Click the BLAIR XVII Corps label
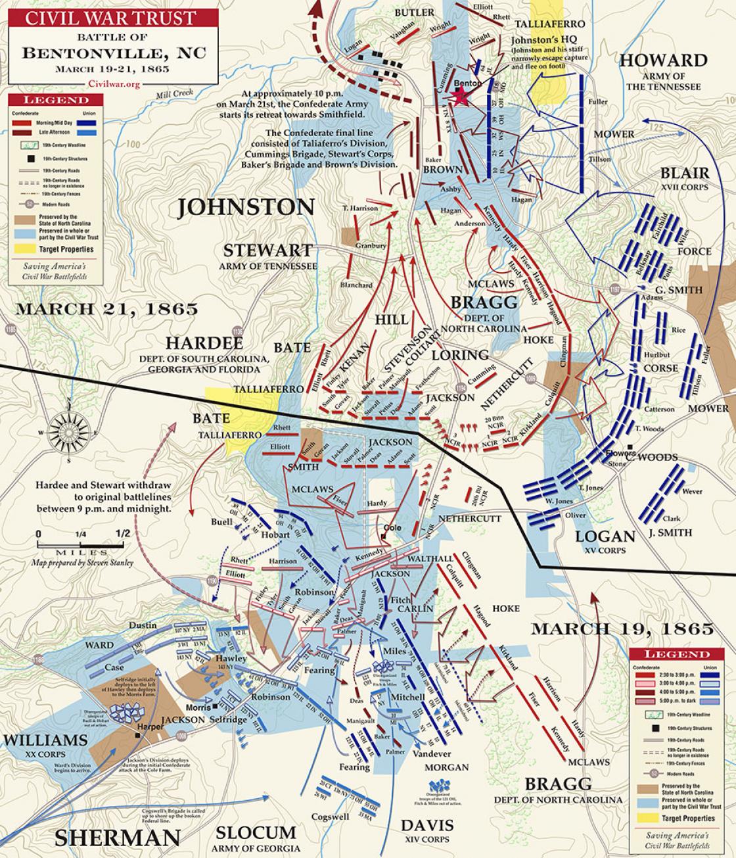coord(685,174)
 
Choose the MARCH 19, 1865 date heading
coord(622,629)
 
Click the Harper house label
coord(150,727)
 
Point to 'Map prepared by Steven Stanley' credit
coord(83,563)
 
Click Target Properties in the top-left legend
coord(66,250)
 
